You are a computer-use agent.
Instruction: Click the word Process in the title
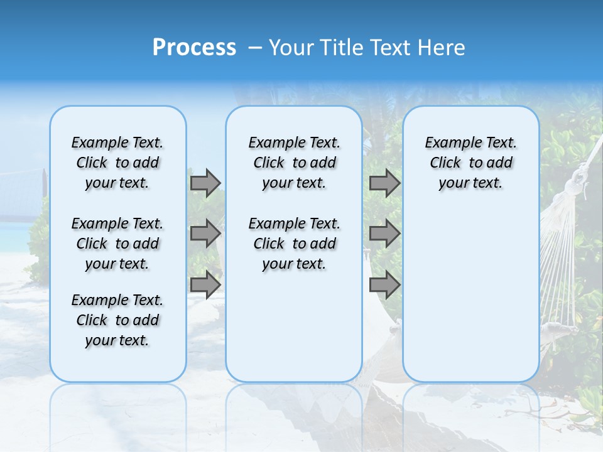(194, 47)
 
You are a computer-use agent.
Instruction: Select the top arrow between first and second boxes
(205, 183)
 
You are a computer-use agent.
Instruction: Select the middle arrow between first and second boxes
(205, 234)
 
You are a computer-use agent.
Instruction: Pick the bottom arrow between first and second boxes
(205, 285)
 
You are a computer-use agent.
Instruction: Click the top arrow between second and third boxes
(384, 183)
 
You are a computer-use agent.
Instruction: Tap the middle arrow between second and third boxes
(384, 234)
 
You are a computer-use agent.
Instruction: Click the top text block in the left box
(117, 163)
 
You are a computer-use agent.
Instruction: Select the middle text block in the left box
(117, 244)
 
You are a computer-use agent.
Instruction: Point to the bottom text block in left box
(117, 320)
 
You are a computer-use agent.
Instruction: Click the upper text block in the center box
(294, 163)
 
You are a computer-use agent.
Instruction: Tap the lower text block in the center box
(294, 244)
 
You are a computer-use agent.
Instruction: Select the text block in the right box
(470, 163)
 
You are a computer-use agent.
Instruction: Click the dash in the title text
(254, 48)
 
